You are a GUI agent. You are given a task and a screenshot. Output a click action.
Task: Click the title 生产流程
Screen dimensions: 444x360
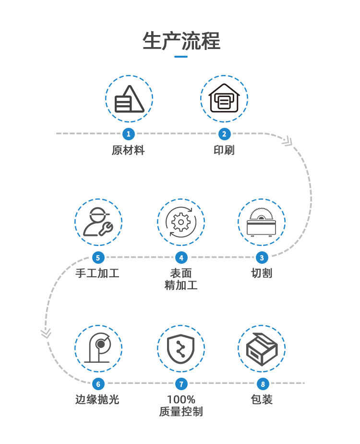[x=181, y=41]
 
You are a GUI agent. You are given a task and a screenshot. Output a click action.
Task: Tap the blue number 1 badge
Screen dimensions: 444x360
[x=128, y=134]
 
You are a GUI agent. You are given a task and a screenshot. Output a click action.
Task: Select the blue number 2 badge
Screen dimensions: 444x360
[x=224, y=134]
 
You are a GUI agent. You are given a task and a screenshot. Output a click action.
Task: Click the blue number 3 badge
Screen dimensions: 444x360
[x=262, y=258]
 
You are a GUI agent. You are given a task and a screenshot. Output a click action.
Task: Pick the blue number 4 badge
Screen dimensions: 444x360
[x=181, y=258]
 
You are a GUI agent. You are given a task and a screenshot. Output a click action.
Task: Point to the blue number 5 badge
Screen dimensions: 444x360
[x=98, y=258]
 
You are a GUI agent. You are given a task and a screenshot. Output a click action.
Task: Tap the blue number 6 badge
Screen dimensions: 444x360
[x=98, y=384]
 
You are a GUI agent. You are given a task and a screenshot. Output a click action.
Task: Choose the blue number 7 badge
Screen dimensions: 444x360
[x=181, y=384]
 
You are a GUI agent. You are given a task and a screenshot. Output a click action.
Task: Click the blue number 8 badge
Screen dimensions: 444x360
[x=262, y=384]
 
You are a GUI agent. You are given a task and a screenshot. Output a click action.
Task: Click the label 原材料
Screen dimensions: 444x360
[x=128, y=150]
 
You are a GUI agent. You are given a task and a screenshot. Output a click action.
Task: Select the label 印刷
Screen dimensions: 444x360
[x=224, y=150]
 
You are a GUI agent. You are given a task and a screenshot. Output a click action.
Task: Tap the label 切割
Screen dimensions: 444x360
[x=262, y=273]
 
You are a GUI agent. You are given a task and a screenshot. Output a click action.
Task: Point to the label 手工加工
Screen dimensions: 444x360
[x=98, y=273]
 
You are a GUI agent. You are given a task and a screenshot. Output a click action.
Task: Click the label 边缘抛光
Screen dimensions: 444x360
[x=98, y=399]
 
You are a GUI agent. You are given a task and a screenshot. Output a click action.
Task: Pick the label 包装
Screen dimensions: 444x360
[x=262, y=399]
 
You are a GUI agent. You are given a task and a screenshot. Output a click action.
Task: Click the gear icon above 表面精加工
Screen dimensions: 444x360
[x=181, y=222]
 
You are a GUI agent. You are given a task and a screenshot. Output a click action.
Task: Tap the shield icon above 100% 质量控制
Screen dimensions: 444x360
[x=181, y=348]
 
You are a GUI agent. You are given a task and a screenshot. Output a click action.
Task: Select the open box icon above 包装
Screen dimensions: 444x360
[x=262, y=348]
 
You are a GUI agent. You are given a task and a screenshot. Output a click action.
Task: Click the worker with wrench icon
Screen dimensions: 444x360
[x=98, y=222]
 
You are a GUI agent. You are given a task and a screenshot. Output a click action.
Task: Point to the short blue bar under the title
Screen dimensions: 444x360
[x=181, y=57]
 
